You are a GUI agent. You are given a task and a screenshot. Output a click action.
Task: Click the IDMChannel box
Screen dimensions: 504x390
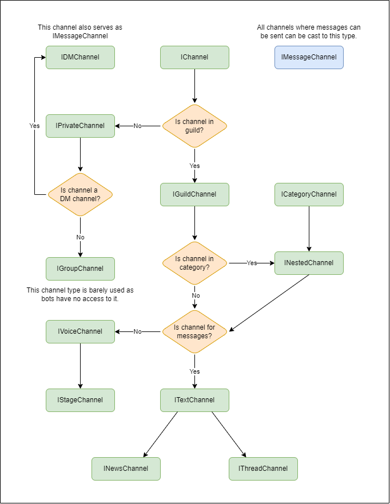(80, 57)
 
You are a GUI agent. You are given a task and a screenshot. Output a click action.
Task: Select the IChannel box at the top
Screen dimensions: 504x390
(194, 57)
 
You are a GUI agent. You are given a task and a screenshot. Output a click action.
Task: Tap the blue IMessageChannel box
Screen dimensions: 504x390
(309, 57)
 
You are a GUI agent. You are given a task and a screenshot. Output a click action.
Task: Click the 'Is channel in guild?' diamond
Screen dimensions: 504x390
(194, 126)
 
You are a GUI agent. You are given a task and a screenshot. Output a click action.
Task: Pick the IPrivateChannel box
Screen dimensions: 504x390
(80, 126)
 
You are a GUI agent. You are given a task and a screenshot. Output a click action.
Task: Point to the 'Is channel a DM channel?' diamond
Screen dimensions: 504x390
(80, 194)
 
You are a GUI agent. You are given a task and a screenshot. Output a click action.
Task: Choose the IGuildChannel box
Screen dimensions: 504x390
(194, 194)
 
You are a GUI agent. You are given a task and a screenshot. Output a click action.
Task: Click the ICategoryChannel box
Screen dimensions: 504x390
(309, 194)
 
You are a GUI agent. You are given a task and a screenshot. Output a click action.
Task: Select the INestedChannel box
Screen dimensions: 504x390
(309, 263)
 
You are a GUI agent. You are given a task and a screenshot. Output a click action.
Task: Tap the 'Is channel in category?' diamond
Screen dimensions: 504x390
(194, 263)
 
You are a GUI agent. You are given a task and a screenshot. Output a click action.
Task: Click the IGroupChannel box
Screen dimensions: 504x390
(80, 269)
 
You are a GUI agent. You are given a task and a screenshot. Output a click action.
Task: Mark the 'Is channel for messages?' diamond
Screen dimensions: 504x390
(194, 331)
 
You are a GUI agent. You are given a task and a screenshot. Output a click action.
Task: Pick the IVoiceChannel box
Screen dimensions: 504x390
(80, 331)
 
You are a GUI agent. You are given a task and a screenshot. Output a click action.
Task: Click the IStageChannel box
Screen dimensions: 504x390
(80, 400)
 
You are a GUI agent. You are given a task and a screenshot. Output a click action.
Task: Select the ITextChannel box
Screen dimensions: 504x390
(194, 400)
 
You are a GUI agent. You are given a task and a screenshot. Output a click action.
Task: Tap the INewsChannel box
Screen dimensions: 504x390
(126, 469)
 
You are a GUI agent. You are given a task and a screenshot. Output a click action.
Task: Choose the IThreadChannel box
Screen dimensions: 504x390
(263, 469)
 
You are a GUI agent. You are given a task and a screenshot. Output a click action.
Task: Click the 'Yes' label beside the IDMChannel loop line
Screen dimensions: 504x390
(34, 126)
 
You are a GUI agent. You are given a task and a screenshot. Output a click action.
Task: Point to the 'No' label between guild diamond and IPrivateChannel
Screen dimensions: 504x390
(137, 126)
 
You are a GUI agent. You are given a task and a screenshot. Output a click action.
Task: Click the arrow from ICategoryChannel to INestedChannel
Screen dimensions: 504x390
(309, 229)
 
